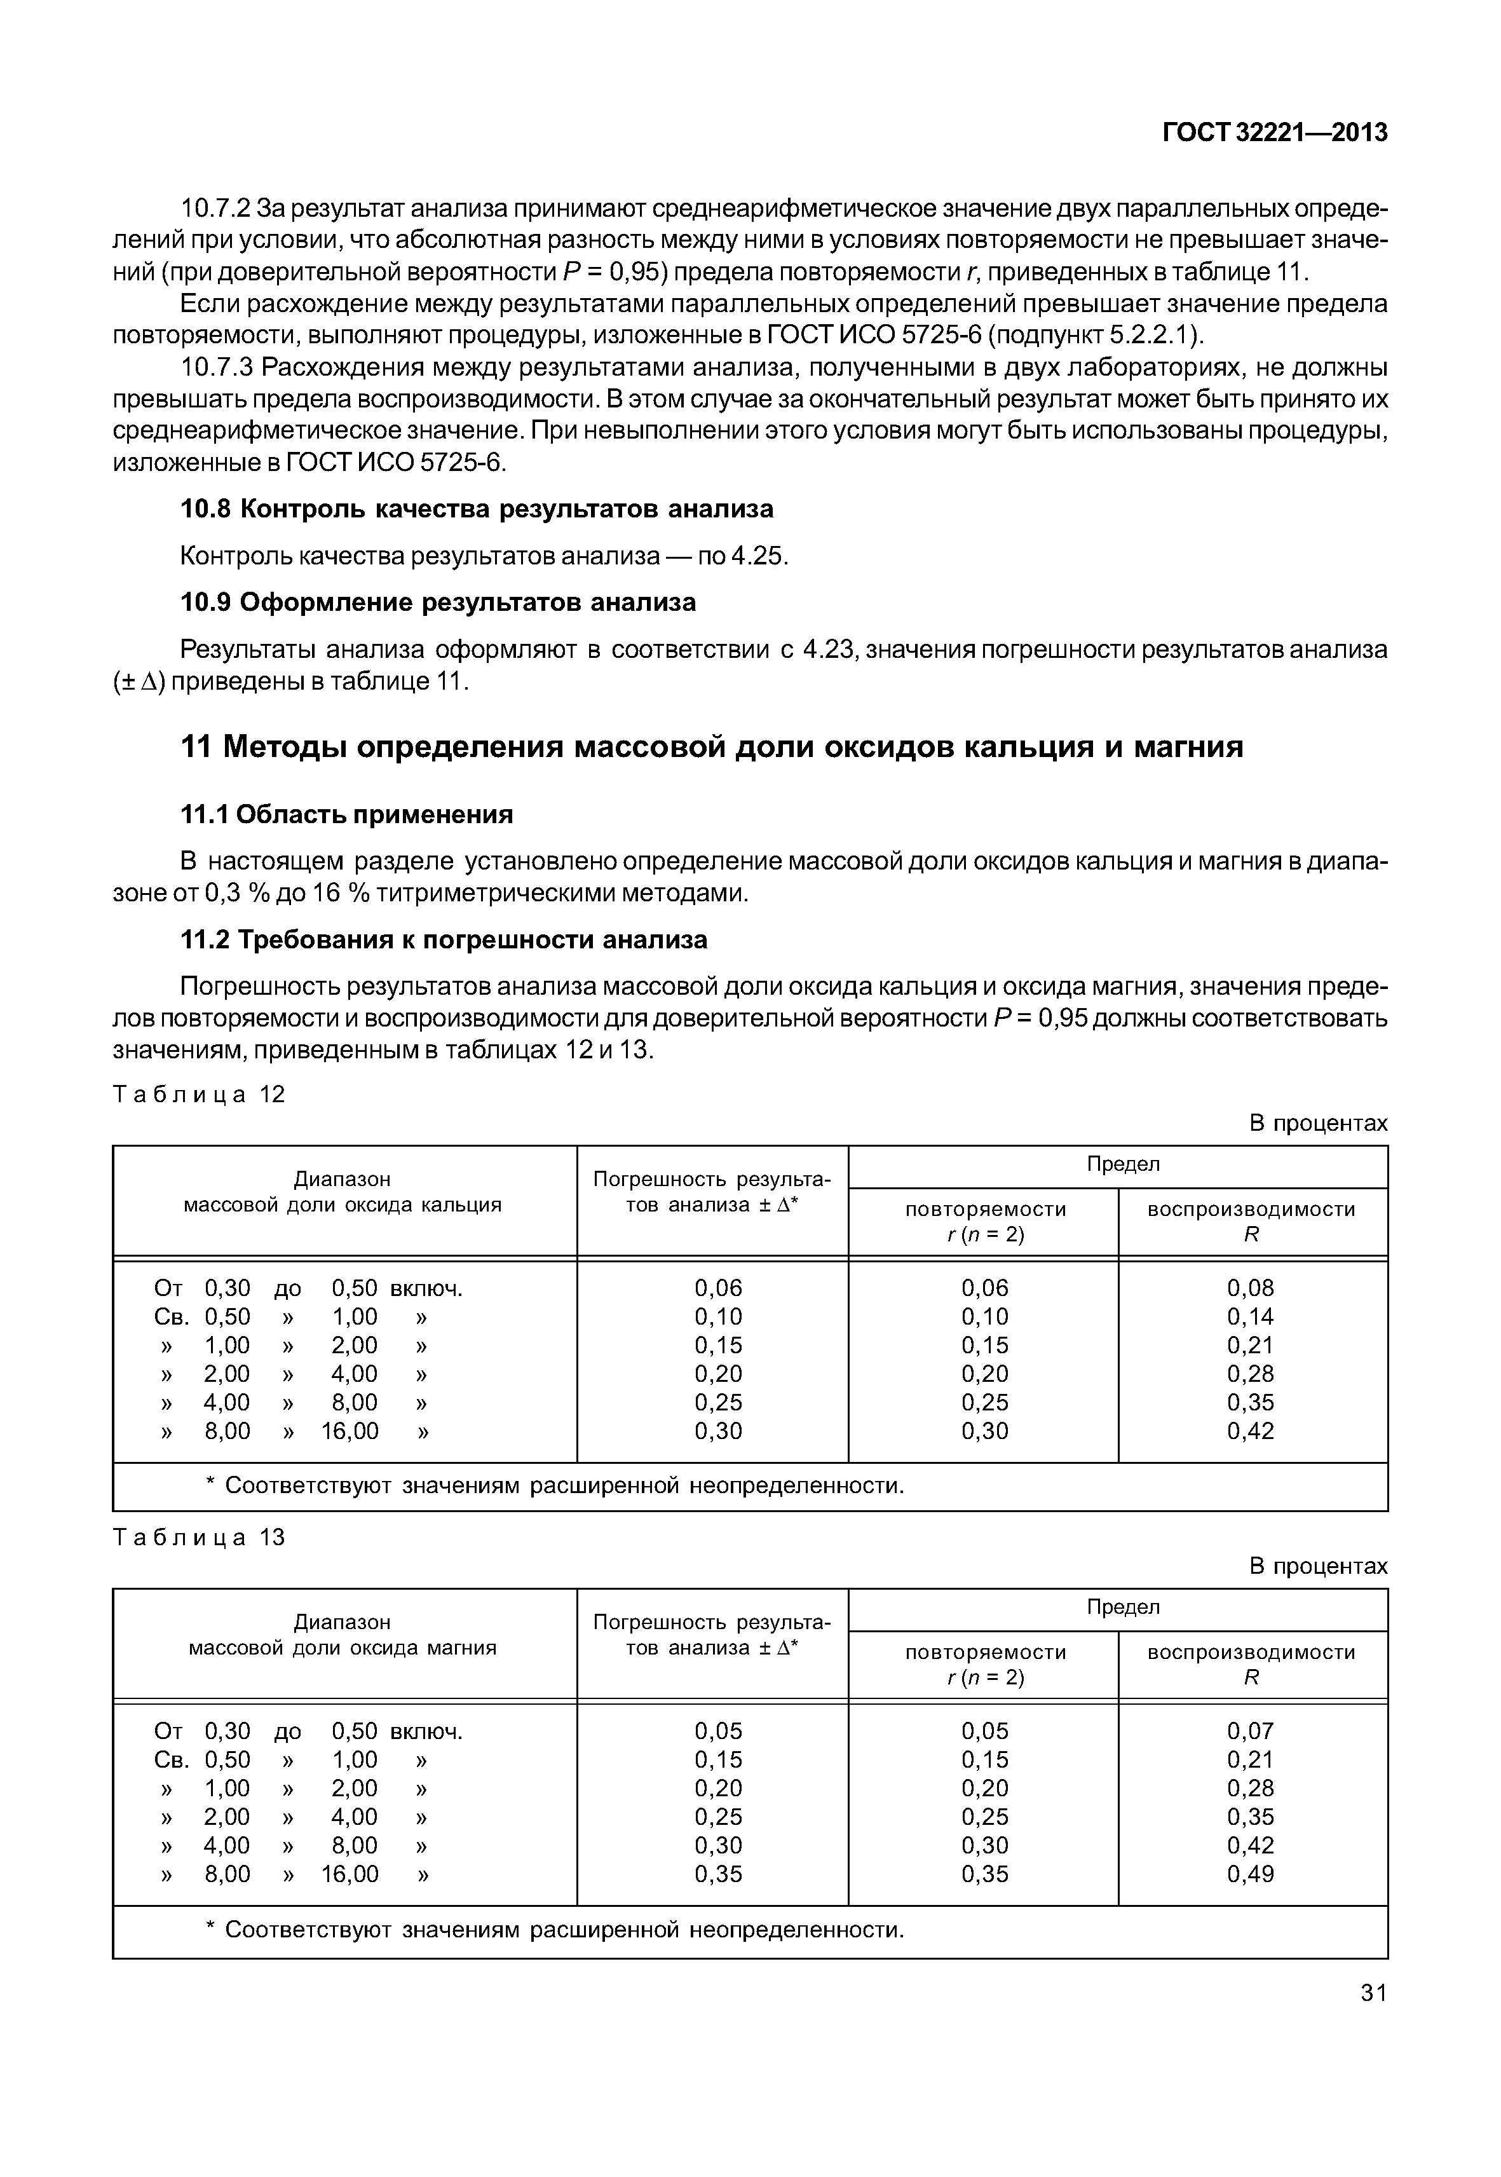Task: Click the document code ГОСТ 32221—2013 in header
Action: [x=1274, y=133]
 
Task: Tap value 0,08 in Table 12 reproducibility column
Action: [x=1250, y=1288]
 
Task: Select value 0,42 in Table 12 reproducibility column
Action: [x=1250, y=1431]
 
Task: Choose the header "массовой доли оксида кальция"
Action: [x=343, y=1205]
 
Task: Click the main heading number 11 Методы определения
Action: [x=711, y=746]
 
